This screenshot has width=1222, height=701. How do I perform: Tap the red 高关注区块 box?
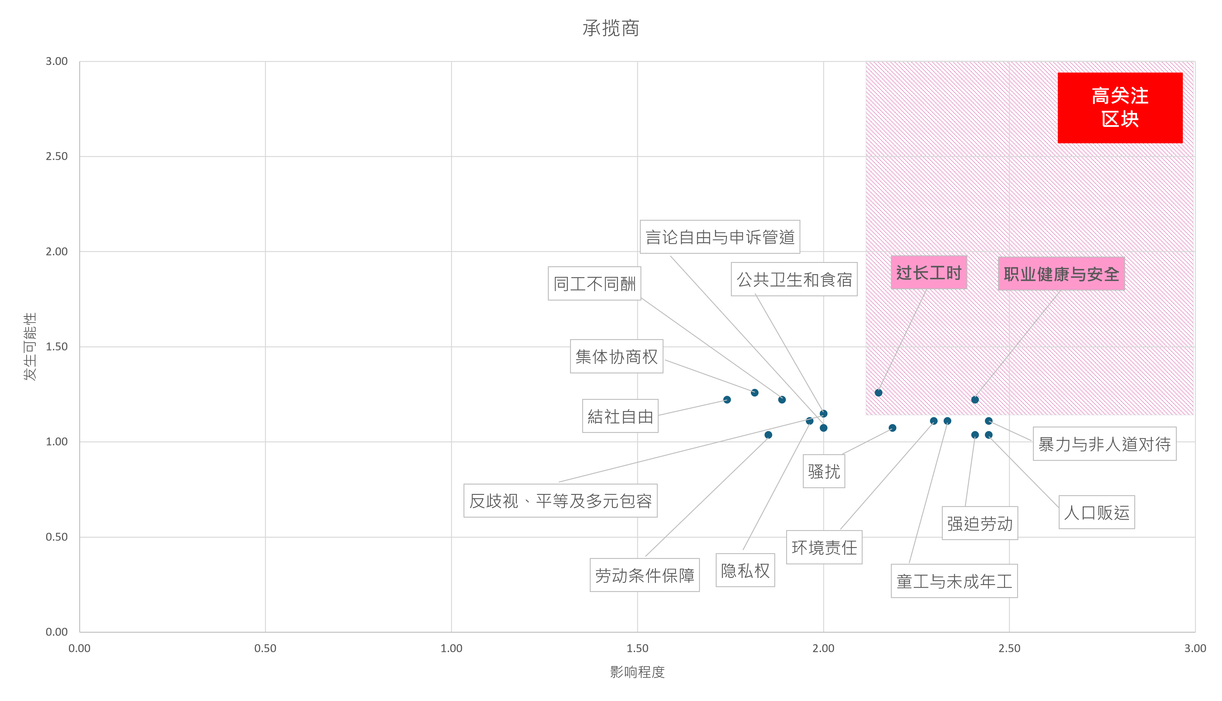(1119, 107)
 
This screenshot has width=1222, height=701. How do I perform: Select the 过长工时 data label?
(928, 273)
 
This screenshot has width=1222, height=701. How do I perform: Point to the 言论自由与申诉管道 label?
(720, 237)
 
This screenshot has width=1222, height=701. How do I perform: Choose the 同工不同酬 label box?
(594, 284)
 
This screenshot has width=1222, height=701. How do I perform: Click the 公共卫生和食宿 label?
(794, 279)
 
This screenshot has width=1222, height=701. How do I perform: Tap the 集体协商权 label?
(616, 356)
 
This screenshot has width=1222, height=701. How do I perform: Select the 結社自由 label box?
(620, 416)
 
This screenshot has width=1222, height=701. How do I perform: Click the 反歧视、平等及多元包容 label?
(560, 501)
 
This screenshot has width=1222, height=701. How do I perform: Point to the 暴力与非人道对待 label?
(1104, 444)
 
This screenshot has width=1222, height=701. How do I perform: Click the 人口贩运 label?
(1096, 512)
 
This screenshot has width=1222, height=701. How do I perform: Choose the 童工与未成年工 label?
(954, 581)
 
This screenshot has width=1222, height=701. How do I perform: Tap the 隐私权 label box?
(745, 570)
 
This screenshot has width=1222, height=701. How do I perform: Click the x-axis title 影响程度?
(637, 672)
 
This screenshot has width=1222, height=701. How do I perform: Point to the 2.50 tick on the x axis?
(1009, 648)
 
